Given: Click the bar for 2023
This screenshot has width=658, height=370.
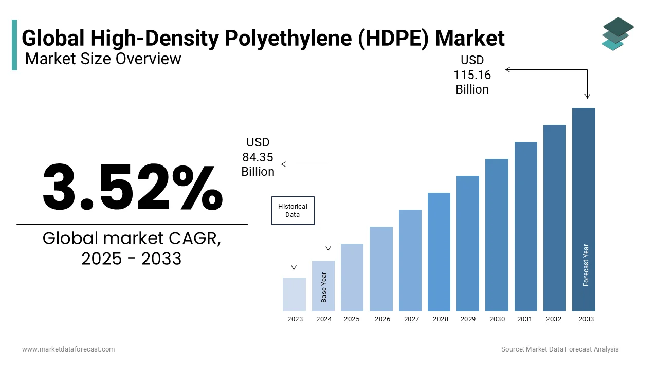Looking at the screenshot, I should pyautogui.click(x=294, y=294).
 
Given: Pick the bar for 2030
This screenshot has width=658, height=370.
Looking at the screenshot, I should pyautogui.click(x=497, y=235).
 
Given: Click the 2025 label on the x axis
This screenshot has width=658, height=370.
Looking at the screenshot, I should pyautogui.click(x=352, y=319).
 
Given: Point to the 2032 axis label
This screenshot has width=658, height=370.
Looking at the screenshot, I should pyautogui.click(x=554, y=319).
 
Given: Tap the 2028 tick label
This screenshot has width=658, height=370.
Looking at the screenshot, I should pyautogui.click(x=441, y=319).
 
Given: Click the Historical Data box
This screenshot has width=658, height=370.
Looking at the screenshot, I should pyautogui.click(x=293, y=210).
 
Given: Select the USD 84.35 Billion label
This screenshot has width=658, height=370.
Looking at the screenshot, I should pyautogui.click(x=258, y=157).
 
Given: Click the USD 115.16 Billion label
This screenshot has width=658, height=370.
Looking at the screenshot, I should pyautogui.click(x=472, y=75).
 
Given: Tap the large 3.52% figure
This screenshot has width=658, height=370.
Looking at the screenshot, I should pyautogui.click(x=132, y=187).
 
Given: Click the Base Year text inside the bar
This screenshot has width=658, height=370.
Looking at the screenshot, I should pyautogui.click(x=324, y=287).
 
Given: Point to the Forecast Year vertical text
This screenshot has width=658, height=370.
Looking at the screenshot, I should pyautogui.click(x=586, y=265).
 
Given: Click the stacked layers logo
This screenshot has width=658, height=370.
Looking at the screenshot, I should pyautogui.click(x=618, y=34).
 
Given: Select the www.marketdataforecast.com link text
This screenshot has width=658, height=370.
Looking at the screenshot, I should pyautogui.click(x=68, y=349).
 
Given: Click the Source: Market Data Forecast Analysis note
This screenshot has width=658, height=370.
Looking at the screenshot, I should pyautogui.click(x=560, y=349).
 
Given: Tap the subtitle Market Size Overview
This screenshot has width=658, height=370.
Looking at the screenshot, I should pyautogui.click(x=103, y=59).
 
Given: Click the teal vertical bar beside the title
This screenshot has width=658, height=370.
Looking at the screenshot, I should pyautogui.click(x=14, y=45).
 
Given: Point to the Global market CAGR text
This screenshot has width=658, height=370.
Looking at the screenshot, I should pyautogui.click(x=132, y=238).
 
